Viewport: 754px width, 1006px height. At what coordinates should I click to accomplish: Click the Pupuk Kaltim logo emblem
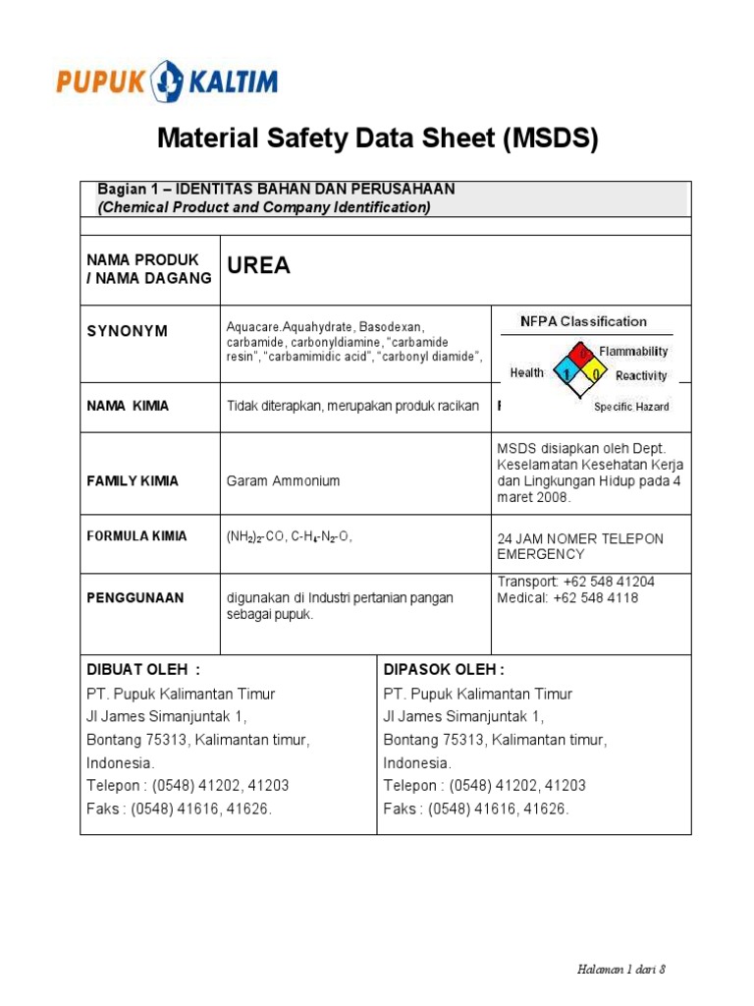[168, 80]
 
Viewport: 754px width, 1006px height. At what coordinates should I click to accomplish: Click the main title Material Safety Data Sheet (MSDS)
[377, 140]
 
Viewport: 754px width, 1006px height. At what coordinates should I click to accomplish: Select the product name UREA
[259, 266]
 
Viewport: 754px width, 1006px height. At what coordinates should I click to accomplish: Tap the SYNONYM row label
[128, 331]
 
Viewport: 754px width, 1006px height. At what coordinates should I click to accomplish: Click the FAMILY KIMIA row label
[133, 480]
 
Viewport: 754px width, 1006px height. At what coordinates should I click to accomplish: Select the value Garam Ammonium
[283, 480]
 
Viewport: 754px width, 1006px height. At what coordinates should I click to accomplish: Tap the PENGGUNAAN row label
[135, 597]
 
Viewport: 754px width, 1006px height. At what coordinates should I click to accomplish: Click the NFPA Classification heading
[583, 321]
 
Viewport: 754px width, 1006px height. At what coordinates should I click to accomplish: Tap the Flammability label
[633, 351]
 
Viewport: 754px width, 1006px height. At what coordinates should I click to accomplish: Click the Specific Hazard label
[631, 406]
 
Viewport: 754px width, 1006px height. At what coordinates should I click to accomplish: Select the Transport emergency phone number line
[575, 582]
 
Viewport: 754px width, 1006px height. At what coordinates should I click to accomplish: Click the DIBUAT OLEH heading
[143, 670]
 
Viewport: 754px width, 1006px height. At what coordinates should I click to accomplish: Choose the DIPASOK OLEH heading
[444, 670]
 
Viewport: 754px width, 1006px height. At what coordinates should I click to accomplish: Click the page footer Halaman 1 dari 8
[621, 969]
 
